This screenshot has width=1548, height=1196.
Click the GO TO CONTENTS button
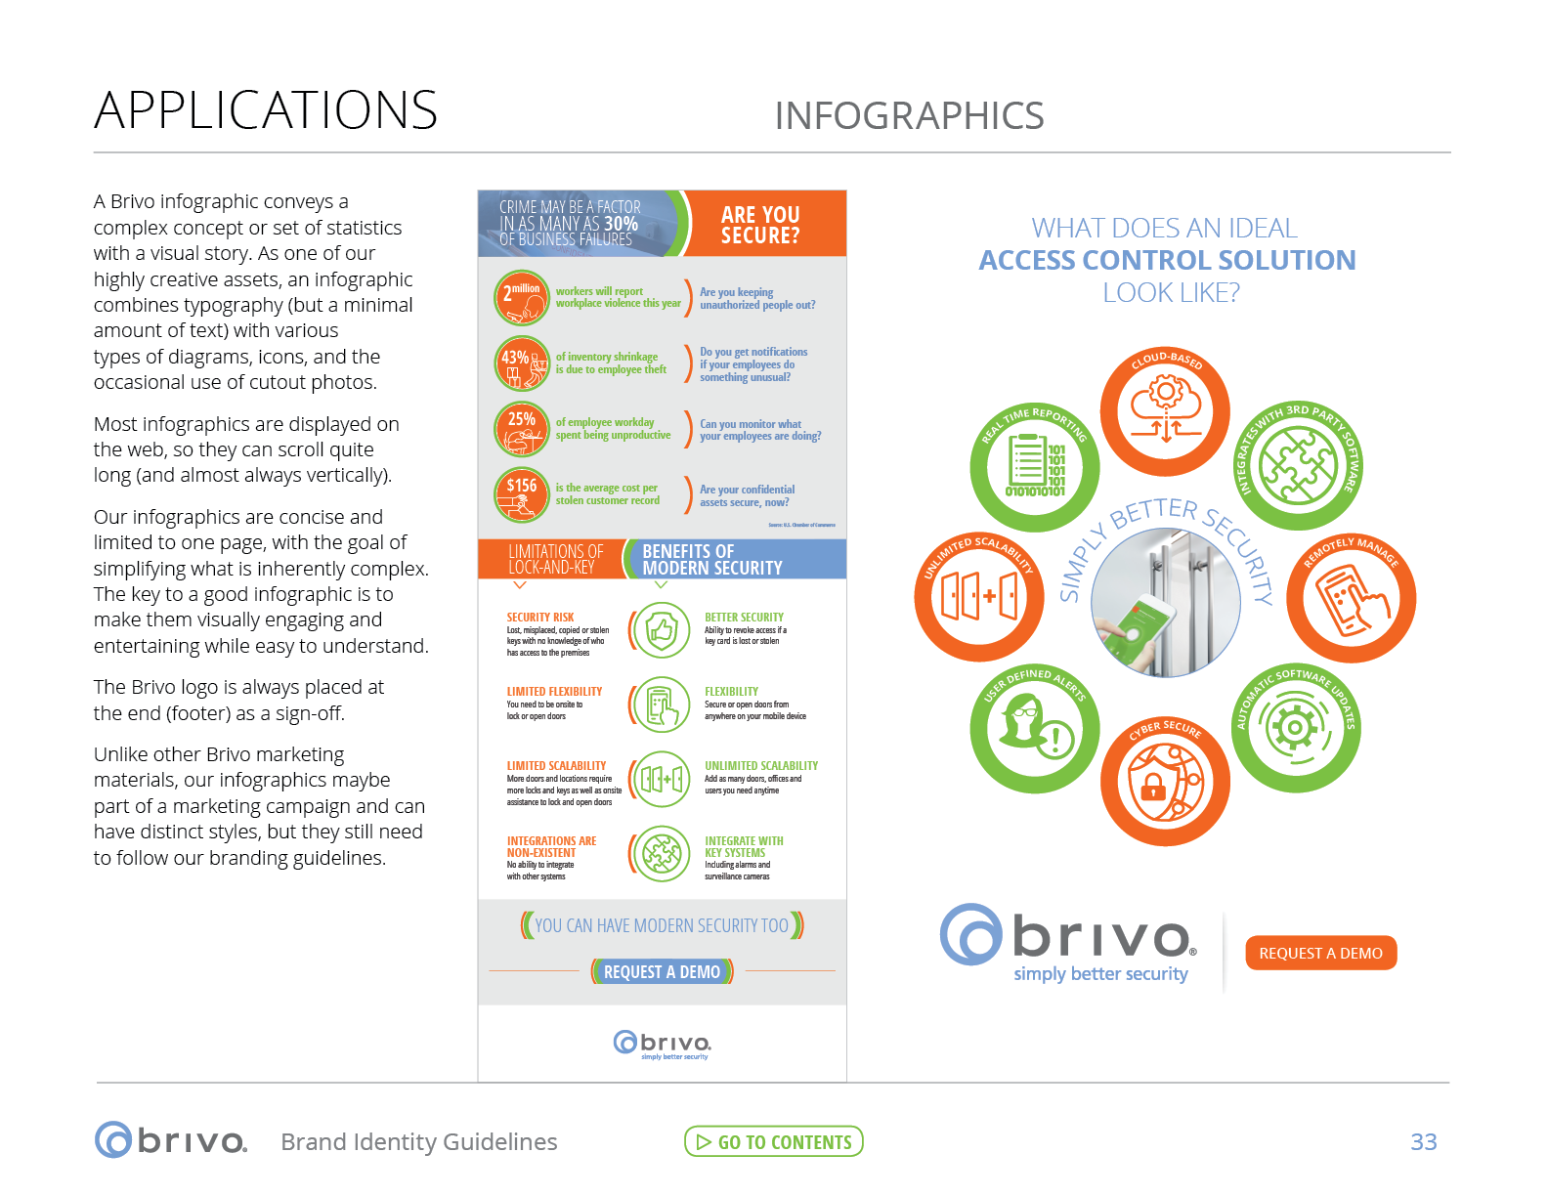click(x=773, y=1141)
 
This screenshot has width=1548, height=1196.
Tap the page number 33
click(x=1423, y=1141)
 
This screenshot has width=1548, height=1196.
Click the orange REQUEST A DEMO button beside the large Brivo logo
click(x=1320, y=953)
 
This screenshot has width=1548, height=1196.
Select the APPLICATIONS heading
click(x=266, y=109)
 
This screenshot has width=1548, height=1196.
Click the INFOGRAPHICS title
click(x=909, y=115)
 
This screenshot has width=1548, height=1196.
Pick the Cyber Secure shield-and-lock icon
click(x=1165, y=781)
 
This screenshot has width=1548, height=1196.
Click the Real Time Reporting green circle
click(x=1034, y=466)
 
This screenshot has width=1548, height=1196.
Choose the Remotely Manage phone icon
click(x=1351, y=598)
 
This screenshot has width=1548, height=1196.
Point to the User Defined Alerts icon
click(x=1034, y=728)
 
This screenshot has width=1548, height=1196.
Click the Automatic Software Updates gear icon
click(x=1296, y=727)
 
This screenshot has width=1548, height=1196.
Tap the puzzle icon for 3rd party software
click(x=1298, y=466)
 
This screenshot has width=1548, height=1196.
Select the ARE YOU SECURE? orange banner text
click(x=760, y=225)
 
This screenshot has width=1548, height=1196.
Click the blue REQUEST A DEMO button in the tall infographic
click(x=662, y=972)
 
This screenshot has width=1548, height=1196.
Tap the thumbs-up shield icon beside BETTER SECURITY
click(x=662, y=630)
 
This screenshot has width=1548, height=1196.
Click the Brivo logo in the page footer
click(x=171, y=1140)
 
